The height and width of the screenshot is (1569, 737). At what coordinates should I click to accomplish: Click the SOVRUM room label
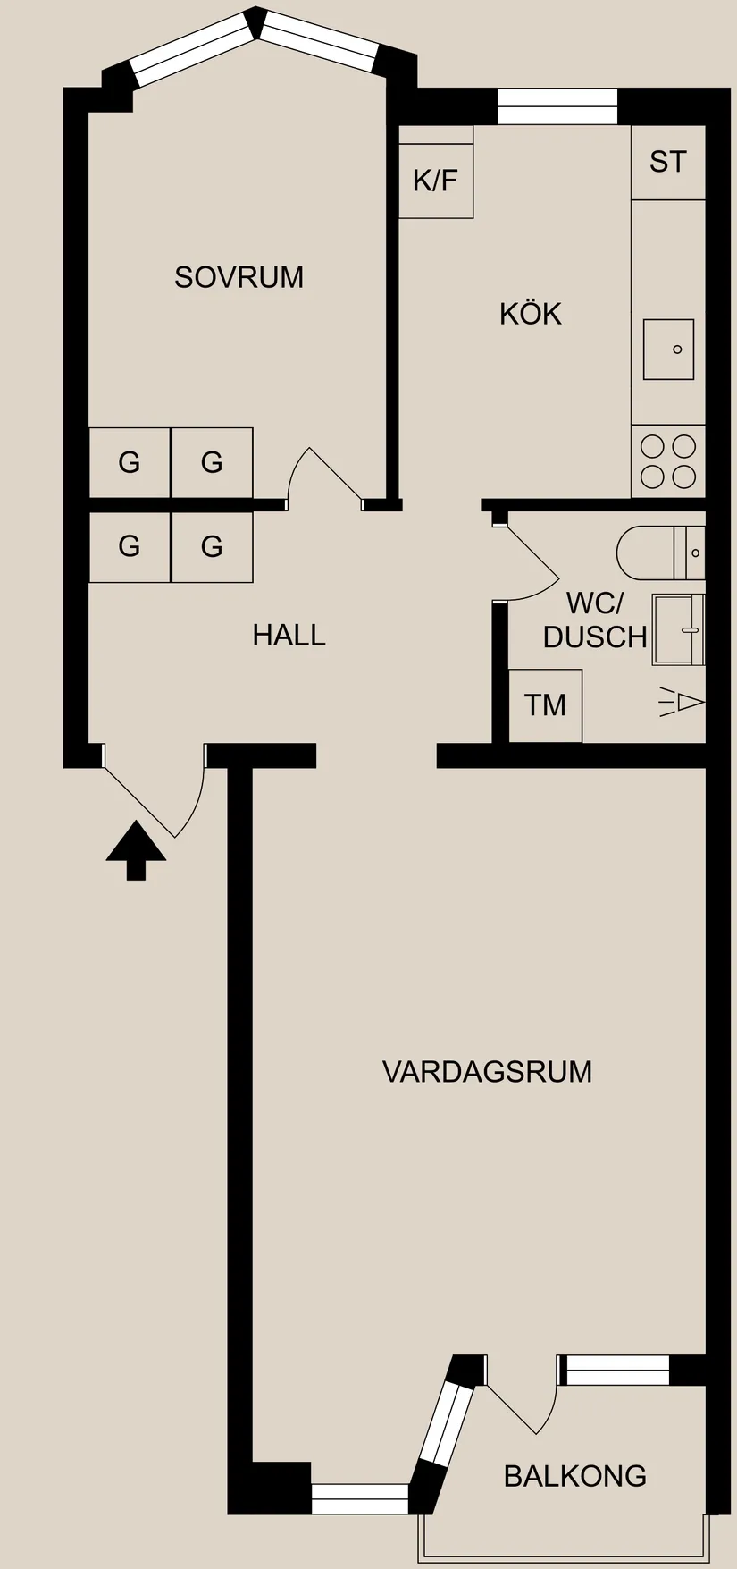pyautogui.click(x=239, y=277)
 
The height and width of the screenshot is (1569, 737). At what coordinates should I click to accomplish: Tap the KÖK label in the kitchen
pyautogui.click(x=530, y=314)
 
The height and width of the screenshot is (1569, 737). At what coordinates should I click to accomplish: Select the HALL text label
pyautogui.click(x=289, y=635)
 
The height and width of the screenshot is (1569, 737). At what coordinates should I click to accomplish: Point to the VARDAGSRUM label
pyautogui.click(x=487, y=1071)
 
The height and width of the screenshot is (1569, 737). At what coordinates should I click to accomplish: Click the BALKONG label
pyautogui.click(x=574, y=1475)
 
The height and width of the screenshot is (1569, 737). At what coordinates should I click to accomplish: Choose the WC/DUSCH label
pyautogui.click(x=594, y=620)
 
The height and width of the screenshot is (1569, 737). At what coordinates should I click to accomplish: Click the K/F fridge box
pyautogui.click(x=435, y=181)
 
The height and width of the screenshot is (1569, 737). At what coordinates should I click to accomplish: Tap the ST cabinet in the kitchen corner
pyautogui.click(x=667, y=162)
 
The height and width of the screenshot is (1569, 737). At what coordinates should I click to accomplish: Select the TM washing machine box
pyautogui.click(x=545, y=704)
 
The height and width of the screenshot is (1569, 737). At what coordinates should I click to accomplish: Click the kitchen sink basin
pyautogui.click(x=668, y=349)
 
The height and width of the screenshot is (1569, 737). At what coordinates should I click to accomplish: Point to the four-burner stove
pyautogui.click(x=667, y=461)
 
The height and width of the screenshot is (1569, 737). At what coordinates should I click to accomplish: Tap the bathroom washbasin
pyautogui.click(x=679, y=629)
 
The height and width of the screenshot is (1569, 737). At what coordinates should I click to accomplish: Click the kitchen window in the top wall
pyautogui.click(x=557, y=106)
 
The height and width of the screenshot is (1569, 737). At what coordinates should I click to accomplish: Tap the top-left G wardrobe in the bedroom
pyautogui.click(x=130, y=462)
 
